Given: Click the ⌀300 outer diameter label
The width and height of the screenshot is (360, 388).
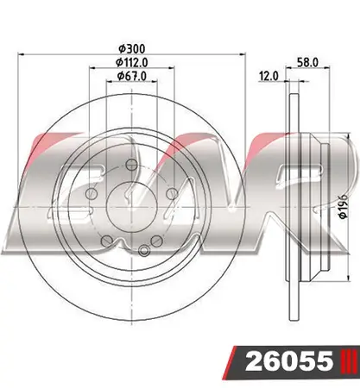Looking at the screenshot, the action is point(132,48).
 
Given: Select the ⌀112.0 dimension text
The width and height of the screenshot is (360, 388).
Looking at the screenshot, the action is point(132,62).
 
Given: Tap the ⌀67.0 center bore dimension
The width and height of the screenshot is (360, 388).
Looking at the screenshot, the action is point(132,76).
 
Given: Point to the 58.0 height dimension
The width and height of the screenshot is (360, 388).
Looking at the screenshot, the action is point(307,62).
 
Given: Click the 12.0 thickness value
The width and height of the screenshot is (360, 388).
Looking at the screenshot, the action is point(269,76).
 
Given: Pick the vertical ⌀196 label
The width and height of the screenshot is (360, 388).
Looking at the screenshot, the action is point(344,206).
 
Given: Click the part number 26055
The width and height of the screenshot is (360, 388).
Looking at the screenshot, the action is point(288,360).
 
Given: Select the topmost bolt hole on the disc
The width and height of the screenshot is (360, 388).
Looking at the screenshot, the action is point(131,165).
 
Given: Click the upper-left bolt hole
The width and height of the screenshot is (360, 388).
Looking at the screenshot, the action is point(92,193).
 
